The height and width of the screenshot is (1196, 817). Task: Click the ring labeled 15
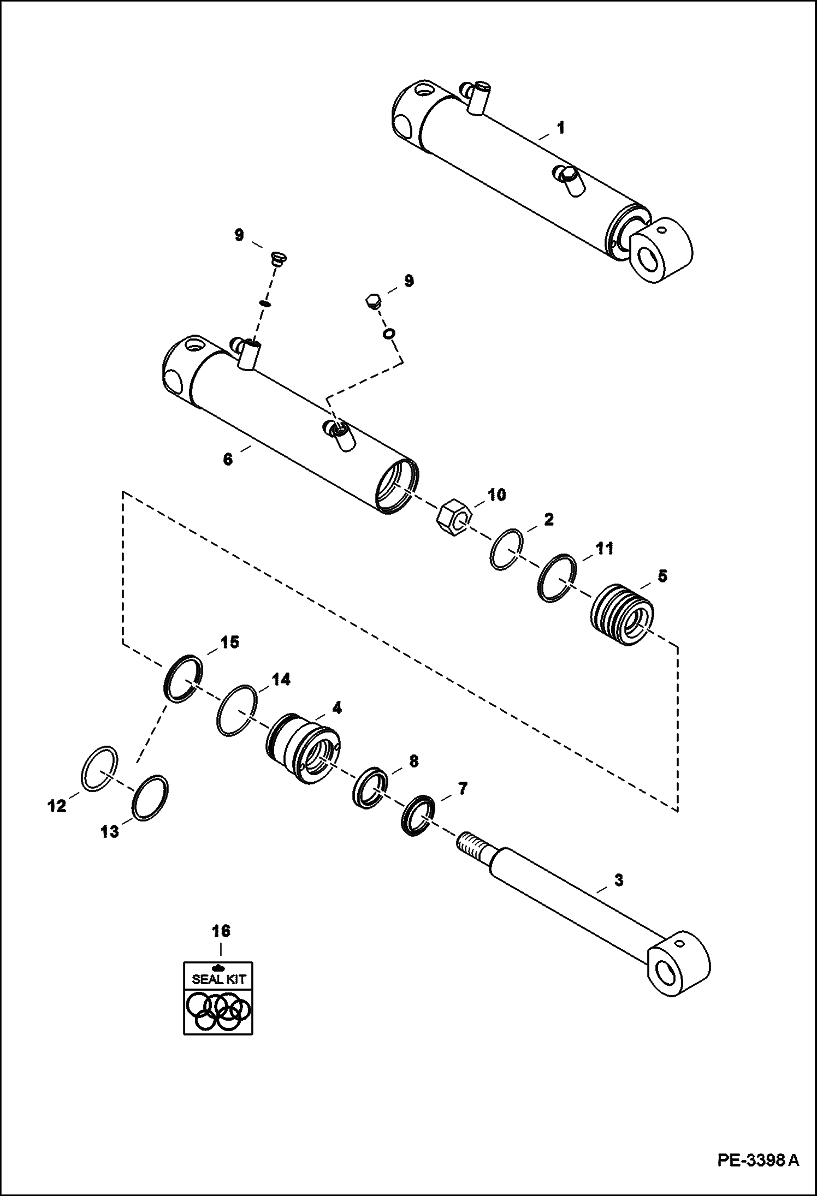click(x=183, y=677)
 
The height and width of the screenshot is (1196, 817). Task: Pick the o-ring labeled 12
click(x=99, y=767)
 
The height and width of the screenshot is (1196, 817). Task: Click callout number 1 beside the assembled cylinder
click(x=560, y=129)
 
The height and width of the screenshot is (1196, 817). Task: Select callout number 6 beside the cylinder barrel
click(x=228, y=459)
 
